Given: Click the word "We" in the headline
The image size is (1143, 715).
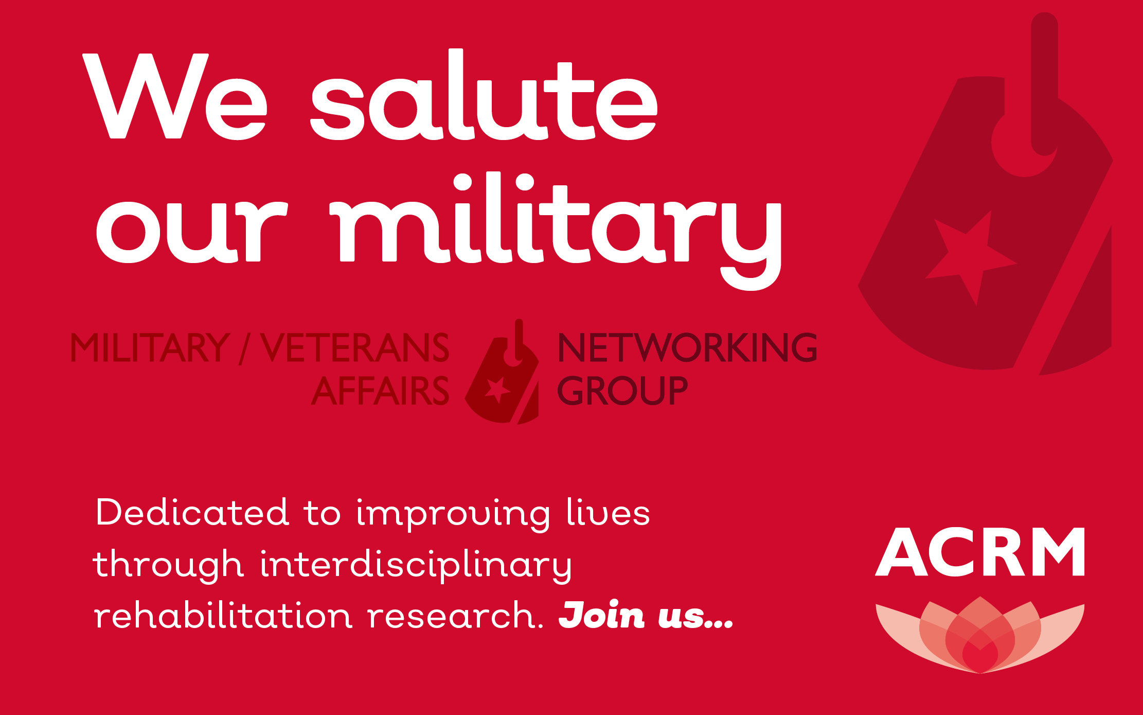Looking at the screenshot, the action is [x=175, y=96].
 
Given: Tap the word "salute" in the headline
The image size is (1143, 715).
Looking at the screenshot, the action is [x=484, y=95].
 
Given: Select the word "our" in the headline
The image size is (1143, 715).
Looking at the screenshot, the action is [x=191, y=226].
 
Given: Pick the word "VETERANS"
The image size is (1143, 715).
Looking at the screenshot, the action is [x=354, y=347].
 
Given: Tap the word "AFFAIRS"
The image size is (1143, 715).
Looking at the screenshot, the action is [x=380, y=391].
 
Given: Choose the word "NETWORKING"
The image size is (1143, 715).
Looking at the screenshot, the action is [x=687, y=347].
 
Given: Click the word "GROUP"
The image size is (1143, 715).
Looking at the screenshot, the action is [x=622, y=391].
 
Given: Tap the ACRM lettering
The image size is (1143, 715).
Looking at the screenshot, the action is [x=980, y=551].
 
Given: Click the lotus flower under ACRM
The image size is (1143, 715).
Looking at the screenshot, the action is [x=980, y=635].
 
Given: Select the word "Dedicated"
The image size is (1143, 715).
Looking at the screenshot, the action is [x=192, y=512].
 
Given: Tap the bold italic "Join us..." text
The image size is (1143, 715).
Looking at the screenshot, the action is [x=646, y=615].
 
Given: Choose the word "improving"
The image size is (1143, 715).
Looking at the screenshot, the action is [x=453, y=515].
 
